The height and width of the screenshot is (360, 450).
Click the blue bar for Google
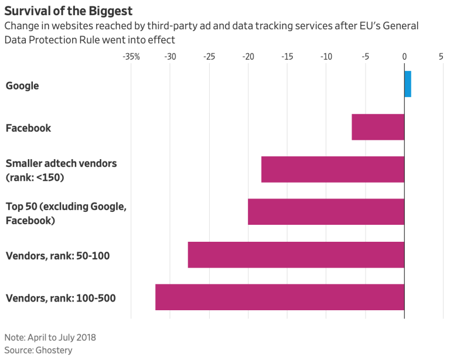(408, 84)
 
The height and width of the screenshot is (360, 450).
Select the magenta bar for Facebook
(378, 127)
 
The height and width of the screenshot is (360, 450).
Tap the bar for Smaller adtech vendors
(333, 170)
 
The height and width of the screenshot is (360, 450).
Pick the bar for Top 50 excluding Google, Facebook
(326, 212)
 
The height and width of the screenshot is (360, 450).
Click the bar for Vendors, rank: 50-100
(296, 255)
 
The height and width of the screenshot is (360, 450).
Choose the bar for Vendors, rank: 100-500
(279, 297)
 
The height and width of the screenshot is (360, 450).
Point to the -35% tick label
(131, 57)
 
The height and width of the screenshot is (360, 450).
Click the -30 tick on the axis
(170, 57)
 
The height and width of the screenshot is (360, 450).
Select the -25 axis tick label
(209, 57)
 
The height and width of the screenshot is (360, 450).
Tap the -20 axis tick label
(248, 57)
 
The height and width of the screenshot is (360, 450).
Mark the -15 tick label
(287, 57)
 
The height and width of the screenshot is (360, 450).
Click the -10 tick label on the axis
(326, 57)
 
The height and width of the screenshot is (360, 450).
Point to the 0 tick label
(404, 57)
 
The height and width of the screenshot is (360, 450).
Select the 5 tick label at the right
(441, 57)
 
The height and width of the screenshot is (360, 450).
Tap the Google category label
(22, 85)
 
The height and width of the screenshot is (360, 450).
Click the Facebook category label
(28, 128)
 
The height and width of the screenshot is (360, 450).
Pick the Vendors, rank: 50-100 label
(57, 255)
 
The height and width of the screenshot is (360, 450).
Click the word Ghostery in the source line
(54, 349)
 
